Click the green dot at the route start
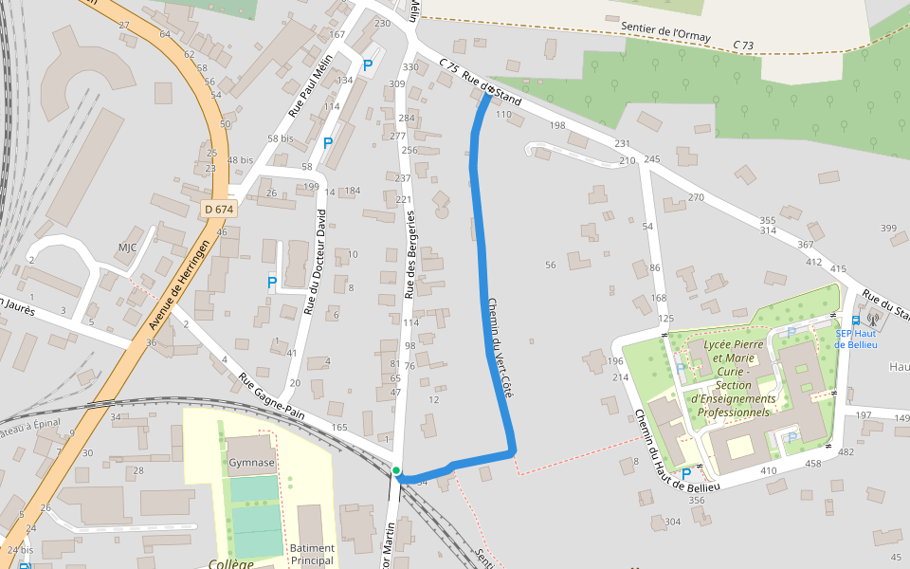coord(396,470)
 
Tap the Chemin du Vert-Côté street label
coord(499,347)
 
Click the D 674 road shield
coord(218,209)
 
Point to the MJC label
coord(127,248)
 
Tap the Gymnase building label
coord(251,463)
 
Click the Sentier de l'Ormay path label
coord(665,31)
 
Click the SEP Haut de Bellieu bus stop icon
coord(856,321)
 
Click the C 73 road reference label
coord(743,46)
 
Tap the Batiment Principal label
coord(312,554)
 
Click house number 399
coord(888,229)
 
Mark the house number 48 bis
coord(240,160)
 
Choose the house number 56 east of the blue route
coord(550,265)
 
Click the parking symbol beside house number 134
coord(368,65)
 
